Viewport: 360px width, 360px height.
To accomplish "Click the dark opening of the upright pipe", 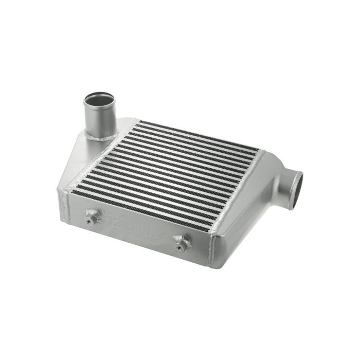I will click(x=98, y=99).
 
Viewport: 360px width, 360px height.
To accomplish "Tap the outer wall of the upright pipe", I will click(x=96, y=119).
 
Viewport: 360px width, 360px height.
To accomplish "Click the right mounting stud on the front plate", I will click(x=182, y=242).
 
